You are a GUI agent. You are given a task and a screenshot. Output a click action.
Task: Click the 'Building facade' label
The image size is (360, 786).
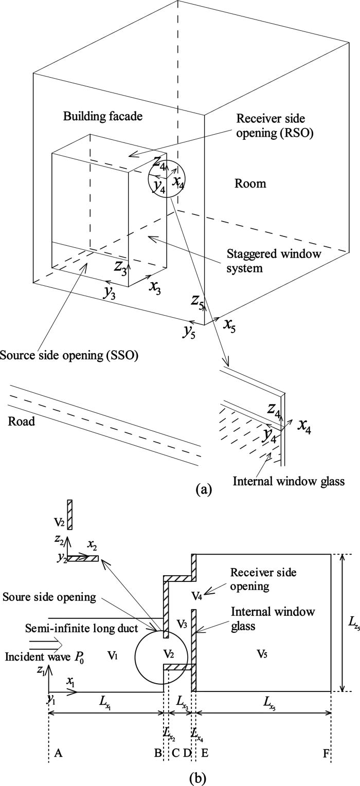[102, 117]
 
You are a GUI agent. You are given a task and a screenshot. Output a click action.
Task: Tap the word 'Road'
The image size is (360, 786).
[22, 422]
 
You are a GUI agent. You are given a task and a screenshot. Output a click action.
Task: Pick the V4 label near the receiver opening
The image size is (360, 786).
[197, 595]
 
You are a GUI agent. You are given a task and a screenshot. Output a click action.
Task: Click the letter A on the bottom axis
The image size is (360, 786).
[58, 753]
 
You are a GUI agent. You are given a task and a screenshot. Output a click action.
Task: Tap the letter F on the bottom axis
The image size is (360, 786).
[326, 753]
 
